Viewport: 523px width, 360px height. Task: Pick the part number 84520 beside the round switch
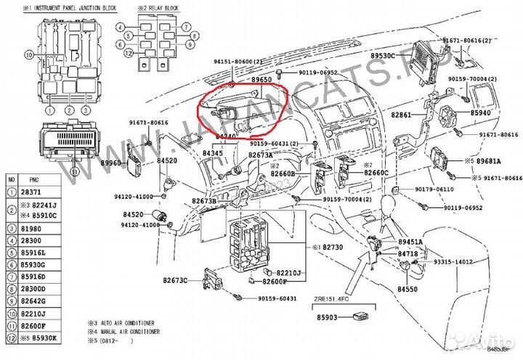click(x=133, y=215)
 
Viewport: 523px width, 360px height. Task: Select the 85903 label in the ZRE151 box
click(x=330, y=317)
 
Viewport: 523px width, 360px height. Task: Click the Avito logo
click(x=486, y=341)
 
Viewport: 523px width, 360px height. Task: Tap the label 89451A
click(x=410, y=241)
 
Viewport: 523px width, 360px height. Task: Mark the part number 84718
click(x=408, y=253)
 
